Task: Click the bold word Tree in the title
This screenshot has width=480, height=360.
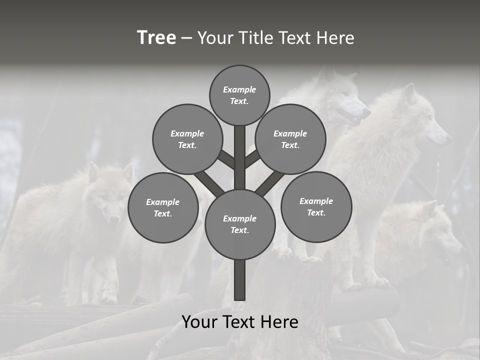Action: (156, 37)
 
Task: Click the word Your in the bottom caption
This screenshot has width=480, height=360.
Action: (199, 321)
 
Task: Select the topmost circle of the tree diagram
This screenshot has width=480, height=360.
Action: (239, 95)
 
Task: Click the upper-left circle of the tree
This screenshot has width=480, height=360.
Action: (187, 139)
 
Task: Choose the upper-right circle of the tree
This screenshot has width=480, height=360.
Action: (290, 139)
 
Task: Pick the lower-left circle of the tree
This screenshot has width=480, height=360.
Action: (162, 207)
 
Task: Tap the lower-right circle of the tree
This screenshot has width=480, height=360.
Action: (316, 206)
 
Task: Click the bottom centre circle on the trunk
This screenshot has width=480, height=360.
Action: (240, 224)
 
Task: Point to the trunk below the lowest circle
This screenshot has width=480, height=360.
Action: (240, 280)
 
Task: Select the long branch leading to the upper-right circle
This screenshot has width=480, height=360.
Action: (269, 182)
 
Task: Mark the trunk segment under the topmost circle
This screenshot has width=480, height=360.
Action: (240, 155)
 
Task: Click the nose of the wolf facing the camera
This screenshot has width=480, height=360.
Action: (113, 219)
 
